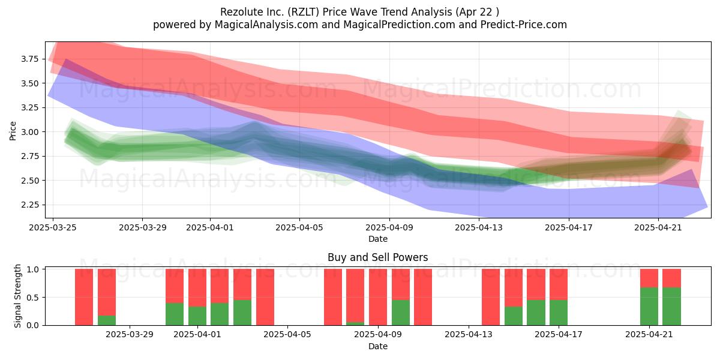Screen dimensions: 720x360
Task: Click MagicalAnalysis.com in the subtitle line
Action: coord(266,25)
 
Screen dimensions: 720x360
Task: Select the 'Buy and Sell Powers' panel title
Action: coord(377,257)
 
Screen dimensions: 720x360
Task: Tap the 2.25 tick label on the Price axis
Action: coord(29,205)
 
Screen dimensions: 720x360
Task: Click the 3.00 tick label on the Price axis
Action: coord(29,132)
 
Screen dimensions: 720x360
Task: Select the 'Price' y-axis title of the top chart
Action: coord(13,131)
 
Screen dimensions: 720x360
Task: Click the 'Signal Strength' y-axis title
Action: coord(17,296)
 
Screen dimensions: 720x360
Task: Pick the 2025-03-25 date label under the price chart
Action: coord(53,227)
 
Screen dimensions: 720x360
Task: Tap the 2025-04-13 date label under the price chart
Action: coord(479,227)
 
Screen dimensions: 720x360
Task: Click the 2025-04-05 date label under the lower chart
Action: coord(287,335)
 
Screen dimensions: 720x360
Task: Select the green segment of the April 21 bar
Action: coord(649,307)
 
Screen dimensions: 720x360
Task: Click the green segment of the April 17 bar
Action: coord(559,313)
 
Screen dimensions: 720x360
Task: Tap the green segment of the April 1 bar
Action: coord(197,316)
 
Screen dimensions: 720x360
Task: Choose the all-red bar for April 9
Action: coord(377,297)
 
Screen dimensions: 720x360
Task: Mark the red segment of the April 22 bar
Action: coord(671,278)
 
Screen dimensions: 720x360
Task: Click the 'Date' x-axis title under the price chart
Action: coord(377,239)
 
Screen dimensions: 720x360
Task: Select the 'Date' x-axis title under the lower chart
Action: coord(377,347)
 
